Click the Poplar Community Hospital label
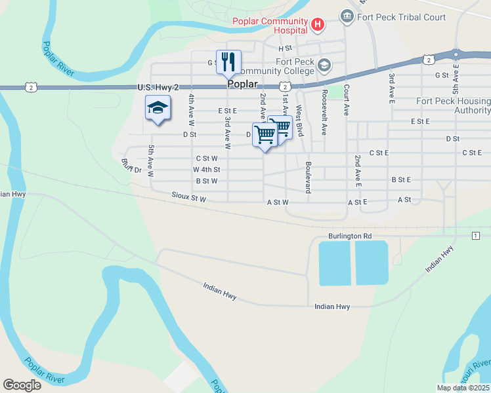click(x=270, y=25)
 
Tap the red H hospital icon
click(x=318, y=26)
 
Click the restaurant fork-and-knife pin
click(x=228, y=62)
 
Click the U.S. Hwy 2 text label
click(x=158, y=87)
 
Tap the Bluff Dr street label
click(x=131, y=165)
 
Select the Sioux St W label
click(x=189, y=196)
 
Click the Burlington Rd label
click(x=350, y=236)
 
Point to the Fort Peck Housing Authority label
click(x=454, y=105)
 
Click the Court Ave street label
click(x=346, y=100)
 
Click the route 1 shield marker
click(x=475, y=235)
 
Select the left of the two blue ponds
click(x=335, y=263)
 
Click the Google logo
click(x=22, y=385)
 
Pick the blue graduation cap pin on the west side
click(x=158, y=107)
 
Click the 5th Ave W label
click(x=150, y=161)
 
